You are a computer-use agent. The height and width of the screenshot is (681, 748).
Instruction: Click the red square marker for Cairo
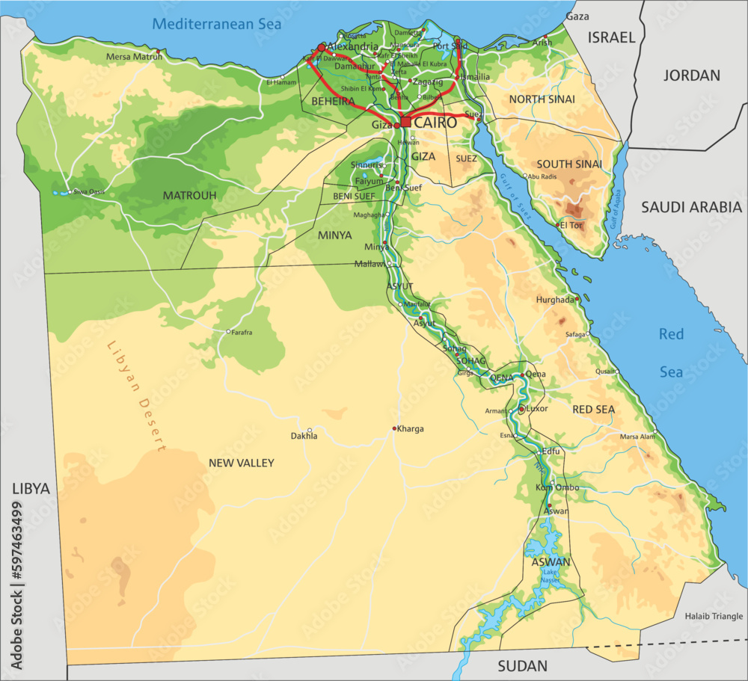point(405,122)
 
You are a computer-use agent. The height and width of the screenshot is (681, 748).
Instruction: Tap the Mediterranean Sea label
point(216,24)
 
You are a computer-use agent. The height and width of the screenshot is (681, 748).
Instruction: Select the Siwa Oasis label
point(89,191)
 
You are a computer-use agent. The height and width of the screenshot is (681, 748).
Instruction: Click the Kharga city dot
point(394,428)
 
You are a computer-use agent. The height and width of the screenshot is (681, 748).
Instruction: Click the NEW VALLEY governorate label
point(241,463)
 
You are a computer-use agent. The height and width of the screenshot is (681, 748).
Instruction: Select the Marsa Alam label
point(637,437)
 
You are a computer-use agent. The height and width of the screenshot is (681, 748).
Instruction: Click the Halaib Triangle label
point(714,616)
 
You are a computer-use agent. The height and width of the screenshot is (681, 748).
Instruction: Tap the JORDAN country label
point(691,76)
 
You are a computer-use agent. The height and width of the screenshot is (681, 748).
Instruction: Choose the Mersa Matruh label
point(133,57)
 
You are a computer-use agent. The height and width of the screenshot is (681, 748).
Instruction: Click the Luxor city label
point(537,409)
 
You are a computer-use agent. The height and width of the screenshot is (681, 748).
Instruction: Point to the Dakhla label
point(304,436)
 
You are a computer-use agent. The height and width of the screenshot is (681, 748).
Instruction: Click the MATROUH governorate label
point(190,196)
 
